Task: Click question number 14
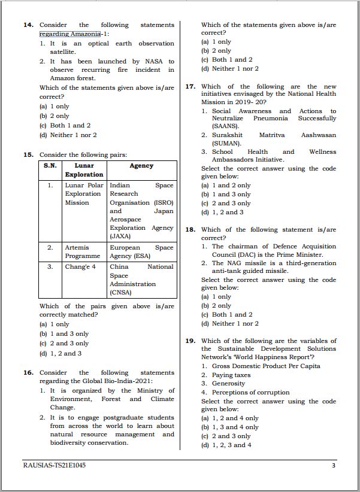[28, 25]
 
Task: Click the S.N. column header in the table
[50, 166]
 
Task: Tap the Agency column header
[141, 166]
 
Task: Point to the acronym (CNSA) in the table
[121, 293]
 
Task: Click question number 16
[28, 372]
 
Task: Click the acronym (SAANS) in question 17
[226, 127]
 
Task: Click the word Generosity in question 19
[228, 384]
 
